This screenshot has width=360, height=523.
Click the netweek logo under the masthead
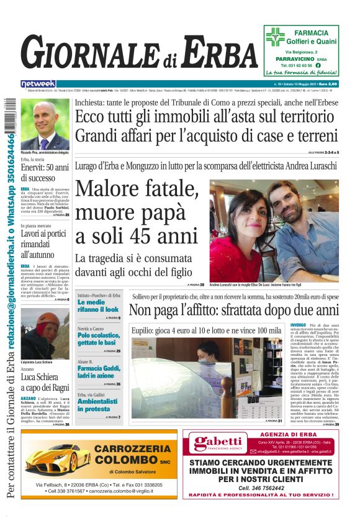pyautogui.click(x=38, y=84)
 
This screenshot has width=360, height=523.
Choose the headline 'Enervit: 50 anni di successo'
pyautogui.click(x=45, y=173)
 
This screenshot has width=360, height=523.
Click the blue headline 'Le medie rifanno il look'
pyautogui.click(x=97, y=306)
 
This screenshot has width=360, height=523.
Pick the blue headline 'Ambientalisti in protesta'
pyautogui.click(x=98, y=406)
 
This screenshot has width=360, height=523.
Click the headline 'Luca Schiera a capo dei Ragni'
pyautogui.click(x=45, y=381)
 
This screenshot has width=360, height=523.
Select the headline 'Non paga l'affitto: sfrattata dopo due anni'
pyautogui.click(x=234, y=310)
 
